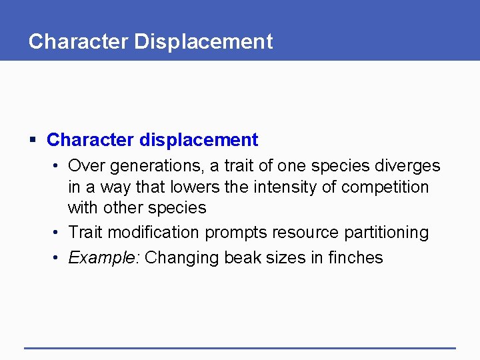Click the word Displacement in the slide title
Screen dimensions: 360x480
(x=203, y=42)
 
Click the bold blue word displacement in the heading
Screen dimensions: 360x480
(x=198, y=140)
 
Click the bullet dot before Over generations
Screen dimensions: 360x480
(x=58, y=166)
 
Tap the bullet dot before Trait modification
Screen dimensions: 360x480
(x=58, y=233)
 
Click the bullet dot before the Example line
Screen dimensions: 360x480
(x=58, y=258)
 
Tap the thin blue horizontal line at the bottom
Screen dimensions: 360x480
(x=240, y=348)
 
